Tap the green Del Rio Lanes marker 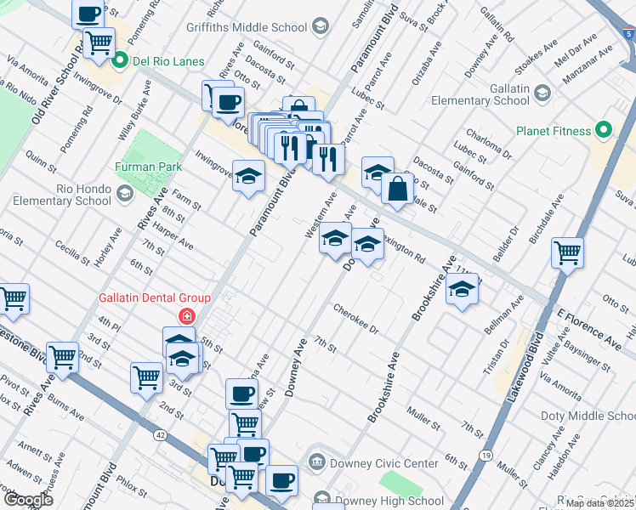pos(120,60)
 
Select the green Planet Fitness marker pos(604,130)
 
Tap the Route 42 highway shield pos(161,434)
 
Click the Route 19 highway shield pos(485,456)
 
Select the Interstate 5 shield pos(627,33)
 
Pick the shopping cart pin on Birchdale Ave pos(567,252)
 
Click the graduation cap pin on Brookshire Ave pos(462,292)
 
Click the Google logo pos(28,500)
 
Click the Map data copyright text pos(599,503)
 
